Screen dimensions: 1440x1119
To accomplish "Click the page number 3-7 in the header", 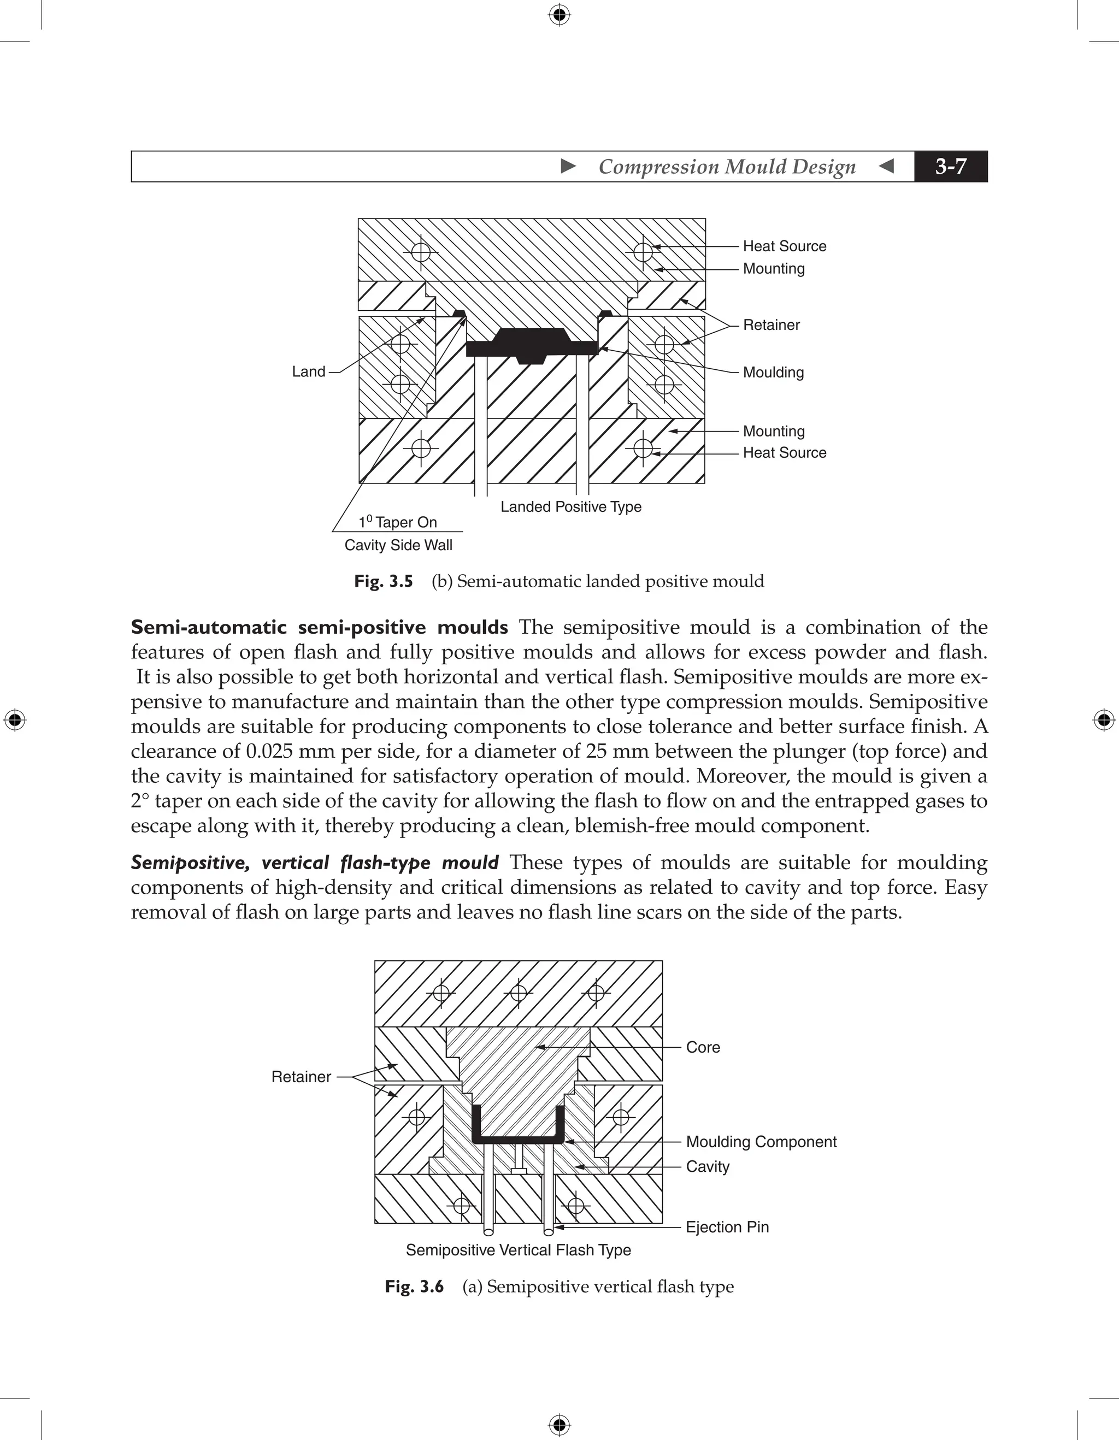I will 950,166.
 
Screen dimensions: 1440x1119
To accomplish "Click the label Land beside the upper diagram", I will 309,372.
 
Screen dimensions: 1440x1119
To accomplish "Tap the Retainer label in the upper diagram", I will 771,325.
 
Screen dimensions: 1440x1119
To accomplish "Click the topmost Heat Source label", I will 784,246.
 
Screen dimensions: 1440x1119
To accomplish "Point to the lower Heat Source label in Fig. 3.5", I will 784,453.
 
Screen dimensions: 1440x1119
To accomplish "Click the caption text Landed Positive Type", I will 570,507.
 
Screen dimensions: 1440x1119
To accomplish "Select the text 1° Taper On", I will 398,522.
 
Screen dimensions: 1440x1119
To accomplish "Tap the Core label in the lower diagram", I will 702,1047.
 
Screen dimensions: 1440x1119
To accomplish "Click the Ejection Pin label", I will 727,1227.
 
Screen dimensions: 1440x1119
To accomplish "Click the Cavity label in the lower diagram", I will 707,1166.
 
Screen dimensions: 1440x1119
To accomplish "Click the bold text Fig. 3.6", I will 414,1286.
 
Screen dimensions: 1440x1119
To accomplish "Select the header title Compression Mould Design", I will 727,167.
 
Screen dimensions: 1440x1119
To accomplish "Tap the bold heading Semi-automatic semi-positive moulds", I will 319,627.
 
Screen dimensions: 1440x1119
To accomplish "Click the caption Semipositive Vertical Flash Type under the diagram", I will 519,1250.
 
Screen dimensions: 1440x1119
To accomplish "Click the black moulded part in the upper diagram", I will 532,344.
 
